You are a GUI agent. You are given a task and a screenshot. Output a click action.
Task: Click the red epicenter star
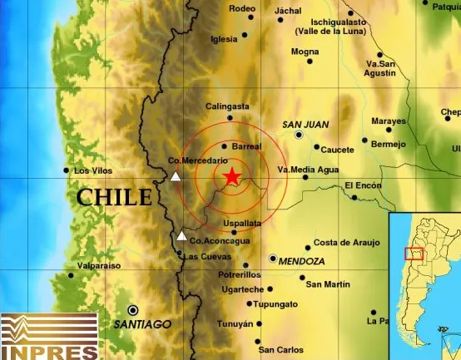click(231, 175)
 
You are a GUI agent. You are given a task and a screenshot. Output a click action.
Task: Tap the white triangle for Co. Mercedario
click(175, 176)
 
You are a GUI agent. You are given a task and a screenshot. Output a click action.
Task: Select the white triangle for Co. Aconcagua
click(181, 235)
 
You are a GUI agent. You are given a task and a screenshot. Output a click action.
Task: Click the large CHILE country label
click(115, 197)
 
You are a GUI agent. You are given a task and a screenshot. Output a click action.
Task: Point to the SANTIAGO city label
click(143, 323)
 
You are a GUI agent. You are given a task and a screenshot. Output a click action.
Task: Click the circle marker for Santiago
click(133, 309)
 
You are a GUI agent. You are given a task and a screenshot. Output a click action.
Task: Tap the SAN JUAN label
click(305, 125)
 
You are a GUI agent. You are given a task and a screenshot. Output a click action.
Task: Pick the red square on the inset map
click(414, 254)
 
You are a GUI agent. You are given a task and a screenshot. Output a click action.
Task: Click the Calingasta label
click(226, 106)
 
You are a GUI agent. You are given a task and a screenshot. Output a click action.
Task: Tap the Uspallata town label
click(242, 224)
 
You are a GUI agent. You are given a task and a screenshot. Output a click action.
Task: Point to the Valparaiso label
click(98, 265)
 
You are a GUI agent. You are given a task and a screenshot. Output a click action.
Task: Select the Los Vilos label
click(92, 171)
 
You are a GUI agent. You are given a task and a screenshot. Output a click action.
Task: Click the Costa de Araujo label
click(346, 243)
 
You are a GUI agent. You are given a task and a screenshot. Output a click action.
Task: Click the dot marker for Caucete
click(317, 147)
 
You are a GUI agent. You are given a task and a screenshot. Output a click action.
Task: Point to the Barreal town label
click(246, 146)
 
